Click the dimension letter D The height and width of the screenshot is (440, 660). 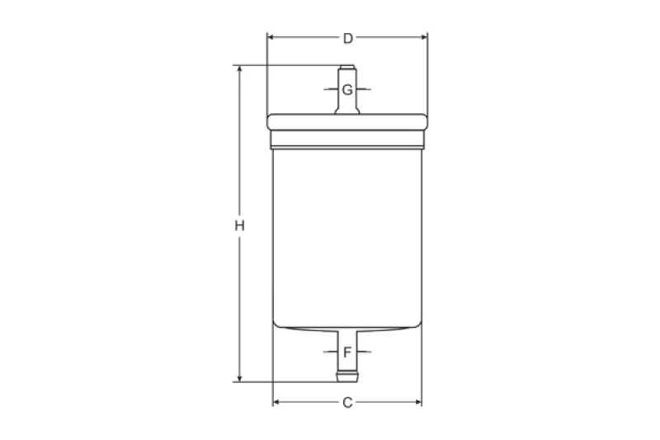pyautogui.click(x=347, y=38)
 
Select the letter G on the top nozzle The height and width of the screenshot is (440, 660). pyautogui.click(x=347, y=89)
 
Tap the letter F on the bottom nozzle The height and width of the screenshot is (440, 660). pyautogui.click(x=347, y=352)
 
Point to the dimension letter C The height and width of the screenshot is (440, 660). pyautogui.click(x=347, y=403)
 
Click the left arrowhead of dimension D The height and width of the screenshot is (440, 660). pyautogui.click(x=271, y=38)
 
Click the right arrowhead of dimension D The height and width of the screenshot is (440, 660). pyautogui.click(x=424, y=38)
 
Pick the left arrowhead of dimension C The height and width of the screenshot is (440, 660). pyautogui.click(x=277, y=403)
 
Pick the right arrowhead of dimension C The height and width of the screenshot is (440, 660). pyautogui.click(x=418, y=403)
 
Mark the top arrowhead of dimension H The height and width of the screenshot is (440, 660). pyautogui.click(x=239, y=70)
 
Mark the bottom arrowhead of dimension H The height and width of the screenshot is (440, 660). pyautogui.click(x=239, y=377)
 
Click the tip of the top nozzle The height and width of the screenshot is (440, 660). pyautogui.click(x=347, y=67)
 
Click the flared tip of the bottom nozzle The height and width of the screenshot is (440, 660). pyautogui.click(x=347, y=379)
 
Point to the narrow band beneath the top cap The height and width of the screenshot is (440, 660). pyautogui.click(x=347, y=142)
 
